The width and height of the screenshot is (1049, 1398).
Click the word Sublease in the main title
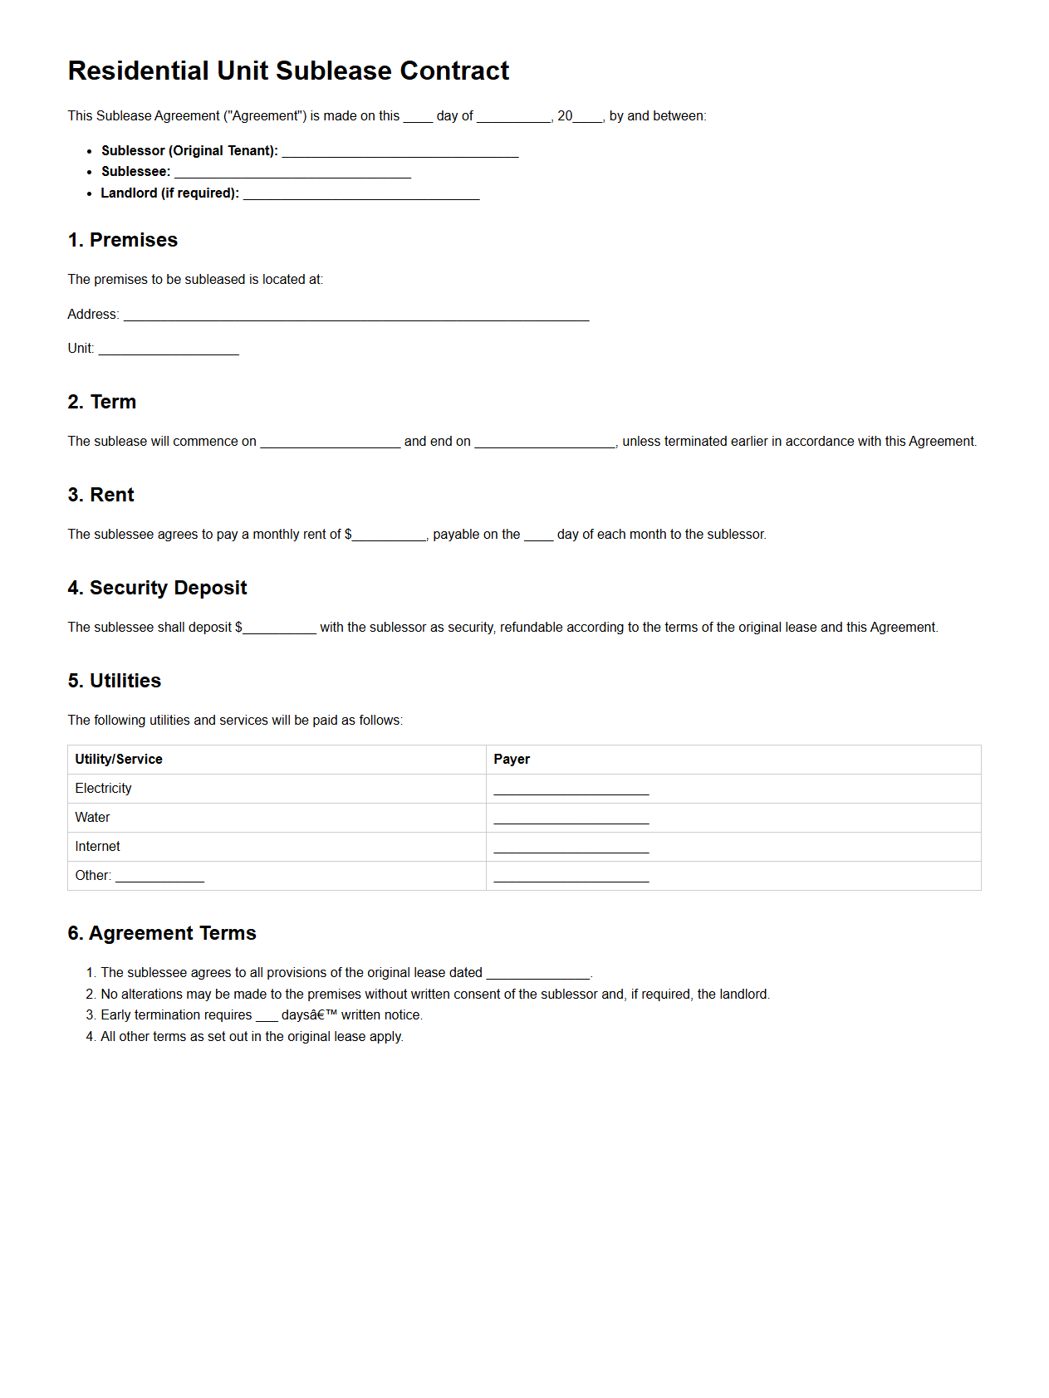pos(334,71)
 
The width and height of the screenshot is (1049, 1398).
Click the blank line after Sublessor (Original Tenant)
pos(400,153)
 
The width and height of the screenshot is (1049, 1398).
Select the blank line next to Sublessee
pos(292,174)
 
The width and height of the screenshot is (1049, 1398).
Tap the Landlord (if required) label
pos(169,193)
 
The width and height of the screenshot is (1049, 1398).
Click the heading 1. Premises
pos(123,240)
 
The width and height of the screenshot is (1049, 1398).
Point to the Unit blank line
pos(169,350)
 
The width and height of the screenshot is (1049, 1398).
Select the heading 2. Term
pos(102,402)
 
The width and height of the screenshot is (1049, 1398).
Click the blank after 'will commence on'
pos(330,443)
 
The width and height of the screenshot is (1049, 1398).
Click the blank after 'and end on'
pos(544,443)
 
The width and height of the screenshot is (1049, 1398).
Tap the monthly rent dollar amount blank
pos(389,536)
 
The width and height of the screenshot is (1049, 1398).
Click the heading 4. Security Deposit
pos(157,588)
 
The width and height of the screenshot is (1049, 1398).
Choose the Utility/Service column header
pos(119,760)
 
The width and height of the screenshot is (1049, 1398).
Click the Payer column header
pos(512,760)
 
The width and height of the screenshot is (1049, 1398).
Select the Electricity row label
pos(103,789)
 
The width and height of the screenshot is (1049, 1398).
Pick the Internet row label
pos(97,847)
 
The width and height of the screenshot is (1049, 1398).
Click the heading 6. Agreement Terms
pos(162,933)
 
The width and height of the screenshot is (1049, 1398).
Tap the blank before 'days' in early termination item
pos(266,1017)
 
